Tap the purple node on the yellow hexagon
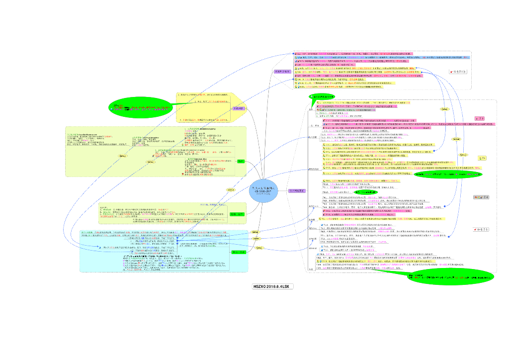click(238, 108)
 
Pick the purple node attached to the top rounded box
click(283, 72)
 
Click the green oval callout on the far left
click(141, 106)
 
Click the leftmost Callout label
click(123, 155)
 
